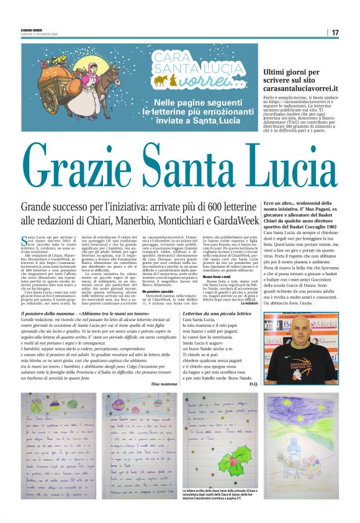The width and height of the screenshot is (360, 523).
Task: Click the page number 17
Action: point(335,32)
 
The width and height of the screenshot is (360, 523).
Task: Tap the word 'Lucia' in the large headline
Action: point(292,167)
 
